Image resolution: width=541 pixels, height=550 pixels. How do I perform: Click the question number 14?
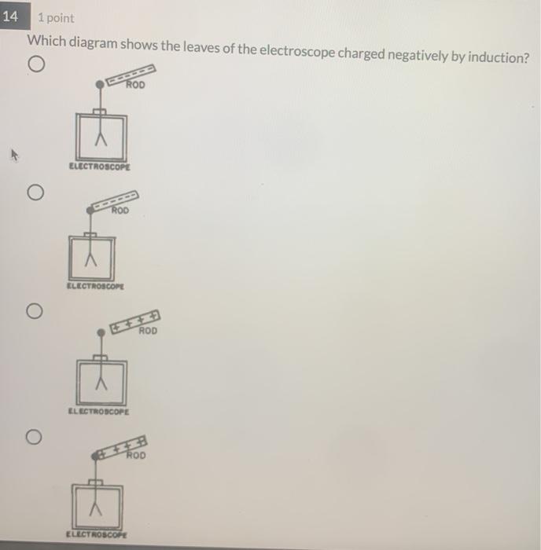click(11, 16)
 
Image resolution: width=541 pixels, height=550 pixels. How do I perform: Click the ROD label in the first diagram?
click(136, 85)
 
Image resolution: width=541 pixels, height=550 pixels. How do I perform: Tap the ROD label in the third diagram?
click(148, 331)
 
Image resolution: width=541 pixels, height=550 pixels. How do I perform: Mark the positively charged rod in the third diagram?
click(135, 321)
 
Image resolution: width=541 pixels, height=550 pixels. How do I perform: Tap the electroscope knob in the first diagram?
click(100, 84)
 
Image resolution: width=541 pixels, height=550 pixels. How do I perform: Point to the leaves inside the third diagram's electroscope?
click(100, 383)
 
